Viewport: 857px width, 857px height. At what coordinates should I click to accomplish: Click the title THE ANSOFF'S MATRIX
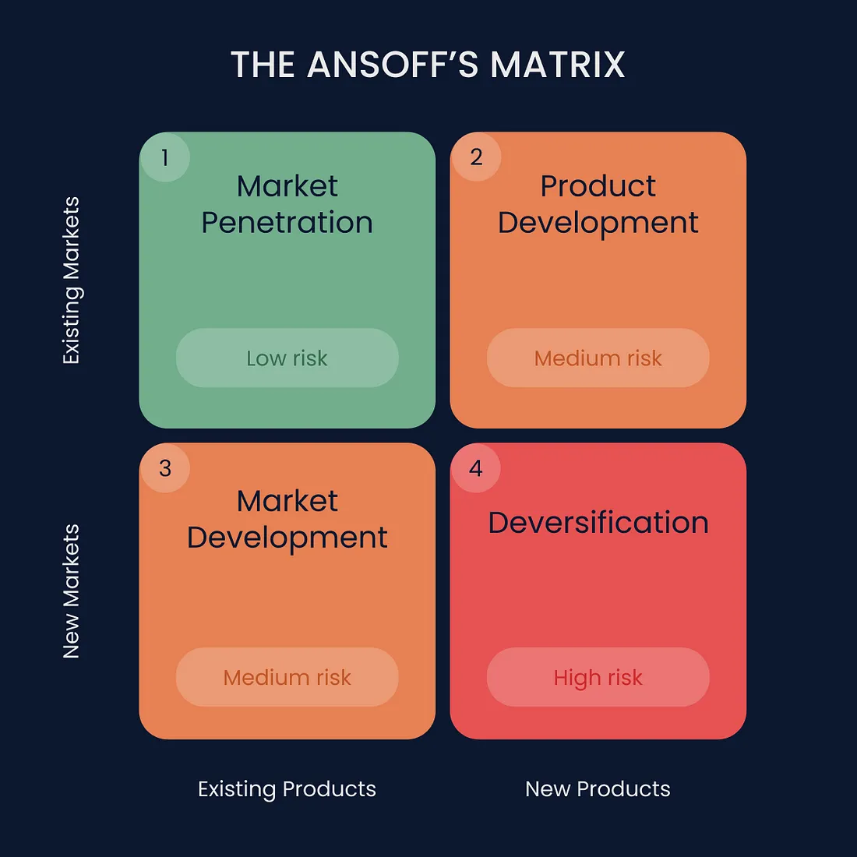click(x=428, y=65)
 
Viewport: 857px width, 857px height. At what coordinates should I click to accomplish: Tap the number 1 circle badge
click(x=165, y=157)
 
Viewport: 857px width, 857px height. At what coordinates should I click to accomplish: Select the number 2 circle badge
click(x=476, y=157)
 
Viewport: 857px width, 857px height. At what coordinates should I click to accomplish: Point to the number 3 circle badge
click(x=165, y=468)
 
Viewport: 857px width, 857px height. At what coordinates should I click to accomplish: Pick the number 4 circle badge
click(x=476, y=468)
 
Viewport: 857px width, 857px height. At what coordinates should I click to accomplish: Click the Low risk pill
click(x=287, y=358)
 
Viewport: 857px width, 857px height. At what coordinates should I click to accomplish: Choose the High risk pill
click(x=598, y=677)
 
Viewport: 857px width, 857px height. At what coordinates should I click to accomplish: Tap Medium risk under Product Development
click(x=598, y=358)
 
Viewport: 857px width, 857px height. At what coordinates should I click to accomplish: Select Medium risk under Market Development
click(x=287, y=677)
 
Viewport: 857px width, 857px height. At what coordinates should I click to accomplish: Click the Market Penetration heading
click(x=287, y=204)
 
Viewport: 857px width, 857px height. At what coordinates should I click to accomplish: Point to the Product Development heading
click(x=598, y=204)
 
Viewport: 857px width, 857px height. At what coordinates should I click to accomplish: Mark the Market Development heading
click(x=287, y=519)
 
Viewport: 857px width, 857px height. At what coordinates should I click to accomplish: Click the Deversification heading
click(x=598, y=522)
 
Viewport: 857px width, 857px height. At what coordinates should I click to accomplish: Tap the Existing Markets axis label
click(x=72, y=280)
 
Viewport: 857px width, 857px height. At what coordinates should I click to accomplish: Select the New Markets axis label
click(x=72, y=591)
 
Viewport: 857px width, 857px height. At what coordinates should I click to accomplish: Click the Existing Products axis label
click(x=287, y=789)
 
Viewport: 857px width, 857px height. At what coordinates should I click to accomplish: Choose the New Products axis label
click(x=598, y=789)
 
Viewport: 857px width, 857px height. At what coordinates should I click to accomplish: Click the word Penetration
click(x=287, y=223)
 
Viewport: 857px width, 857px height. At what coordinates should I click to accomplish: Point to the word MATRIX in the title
click(x=558, y=65)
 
